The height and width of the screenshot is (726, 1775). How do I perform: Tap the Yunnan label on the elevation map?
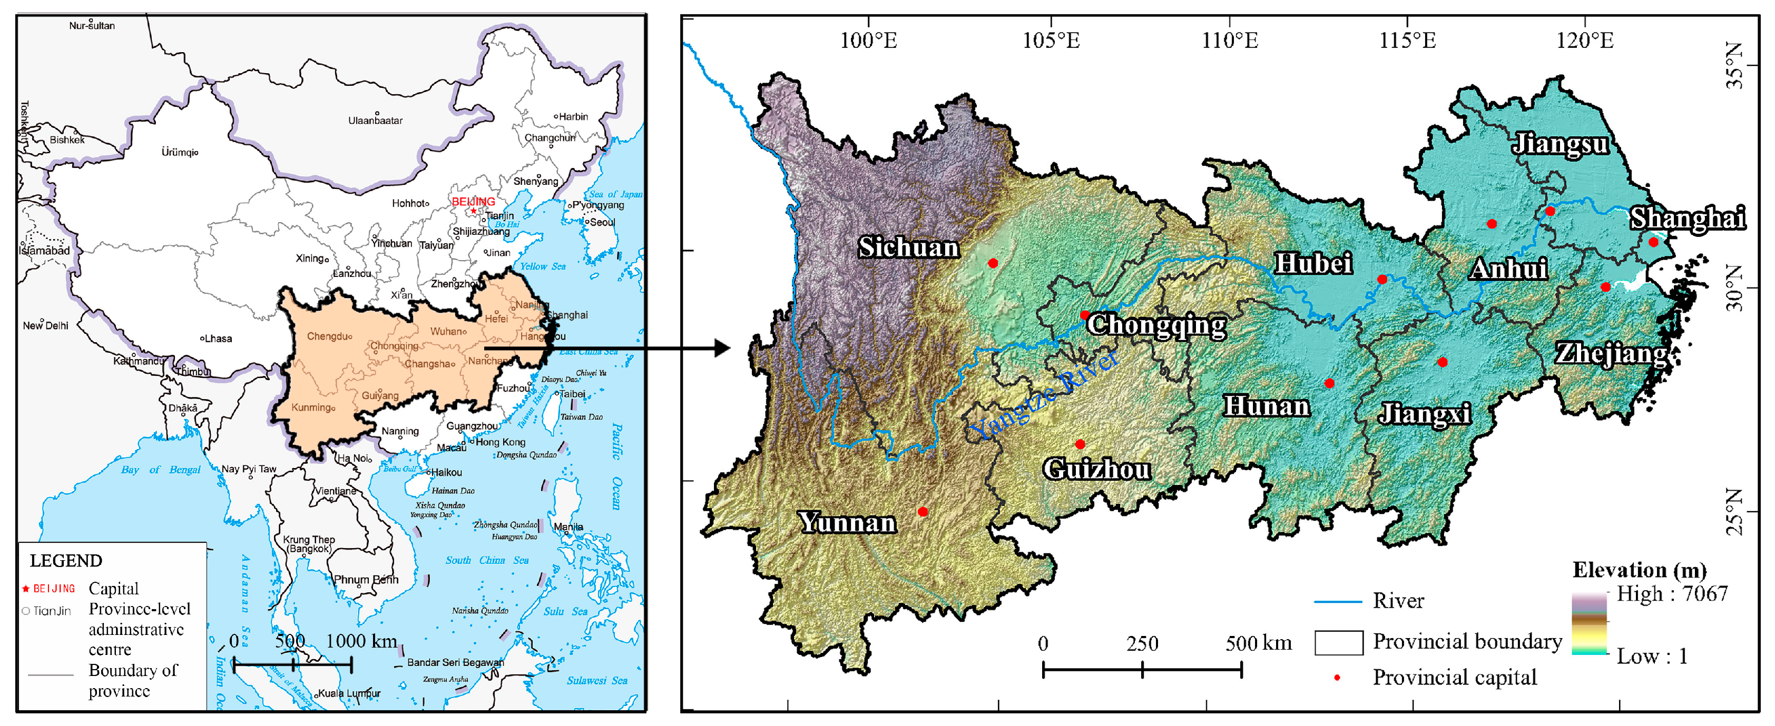tap(848, 523)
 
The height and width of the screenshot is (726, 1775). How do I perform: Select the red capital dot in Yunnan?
tap(923, 512)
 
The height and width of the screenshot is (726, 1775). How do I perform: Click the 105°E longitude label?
tap(1051, 41)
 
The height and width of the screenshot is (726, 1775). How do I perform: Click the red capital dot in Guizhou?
tap(1080, 444)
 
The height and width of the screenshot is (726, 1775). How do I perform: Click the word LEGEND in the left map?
tap(66, 561)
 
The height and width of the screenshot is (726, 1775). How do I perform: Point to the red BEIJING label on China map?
tap(473, 201)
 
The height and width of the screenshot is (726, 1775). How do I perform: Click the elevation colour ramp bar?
tap(1589, 623)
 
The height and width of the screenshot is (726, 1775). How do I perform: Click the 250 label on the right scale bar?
tap(1142, 644)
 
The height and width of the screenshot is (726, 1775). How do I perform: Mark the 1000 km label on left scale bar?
tap(361, 641)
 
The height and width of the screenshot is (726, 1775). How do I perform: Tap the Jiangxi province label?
tap(1424, 413)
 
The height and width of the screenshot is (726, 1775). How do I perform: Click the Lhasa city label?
tap(218, 339)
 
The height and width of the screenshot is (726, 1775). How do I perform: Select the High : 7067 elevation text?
tap(1672, 594)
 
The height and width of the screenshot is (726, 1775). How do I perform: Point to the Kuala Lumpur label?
tap(349, 693)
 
